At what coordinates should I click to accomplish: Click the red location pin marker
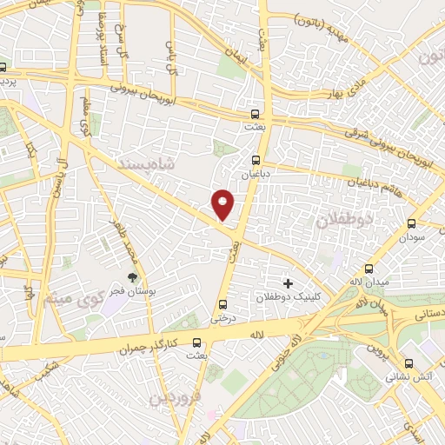point(224,204)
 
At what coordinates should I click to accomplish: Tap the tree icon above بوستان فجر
point(132,279)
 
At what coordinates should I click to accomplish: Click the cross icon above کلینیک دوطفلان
point(289,283)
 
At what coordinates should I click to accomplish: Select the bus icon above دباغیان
point(256,161)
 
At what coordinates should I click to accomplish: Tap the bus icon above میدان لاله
point(370,269)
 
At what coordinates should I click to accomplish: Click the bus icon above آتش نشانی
point(408,365)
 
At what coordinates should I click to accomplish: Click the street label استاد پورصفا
point(102,26)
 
